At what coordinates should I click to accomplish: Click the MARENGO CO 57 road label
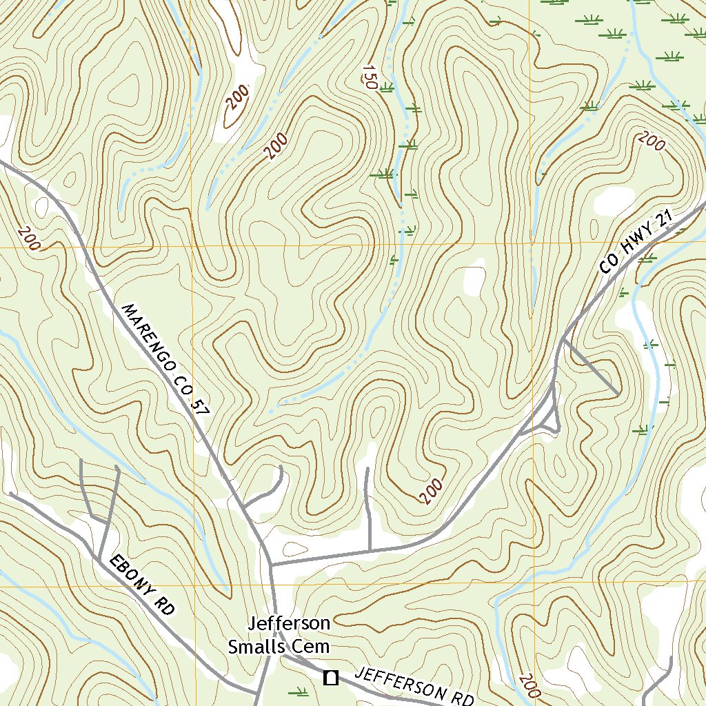point(165,359)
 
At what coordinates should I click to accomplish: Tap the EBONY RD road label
point(141,585)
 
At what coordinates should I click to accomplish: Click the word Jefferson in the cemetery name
point(289,624)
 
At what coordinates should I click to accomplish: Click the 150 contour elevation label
point(368,77)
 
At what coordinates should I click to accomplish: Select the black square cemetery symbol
point(331,678)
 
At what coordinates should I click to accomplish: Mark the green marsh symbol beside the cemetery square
point(298,690)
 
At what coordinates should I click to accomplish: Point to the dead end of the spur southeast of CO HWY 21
point(617,395)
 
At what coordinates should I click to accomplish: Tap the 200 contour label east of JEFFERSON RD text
point(527,686)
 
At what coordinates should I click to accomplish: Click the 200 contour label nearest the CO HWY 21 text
point(652,141)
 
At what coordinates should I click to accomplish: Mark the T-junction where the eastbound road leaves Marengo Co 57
point(272,565)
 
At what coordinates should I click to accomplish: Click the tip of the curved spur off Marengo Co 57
point(281,467)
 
